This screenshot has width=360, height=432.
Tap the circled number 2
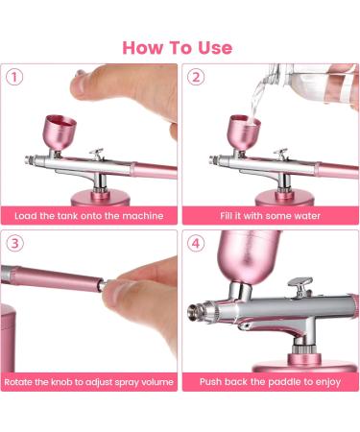point(197,77)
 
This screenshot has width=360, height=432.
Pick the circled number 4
point(197,243)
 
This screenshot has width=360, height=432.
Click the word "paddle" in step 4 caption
point(276,381)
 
